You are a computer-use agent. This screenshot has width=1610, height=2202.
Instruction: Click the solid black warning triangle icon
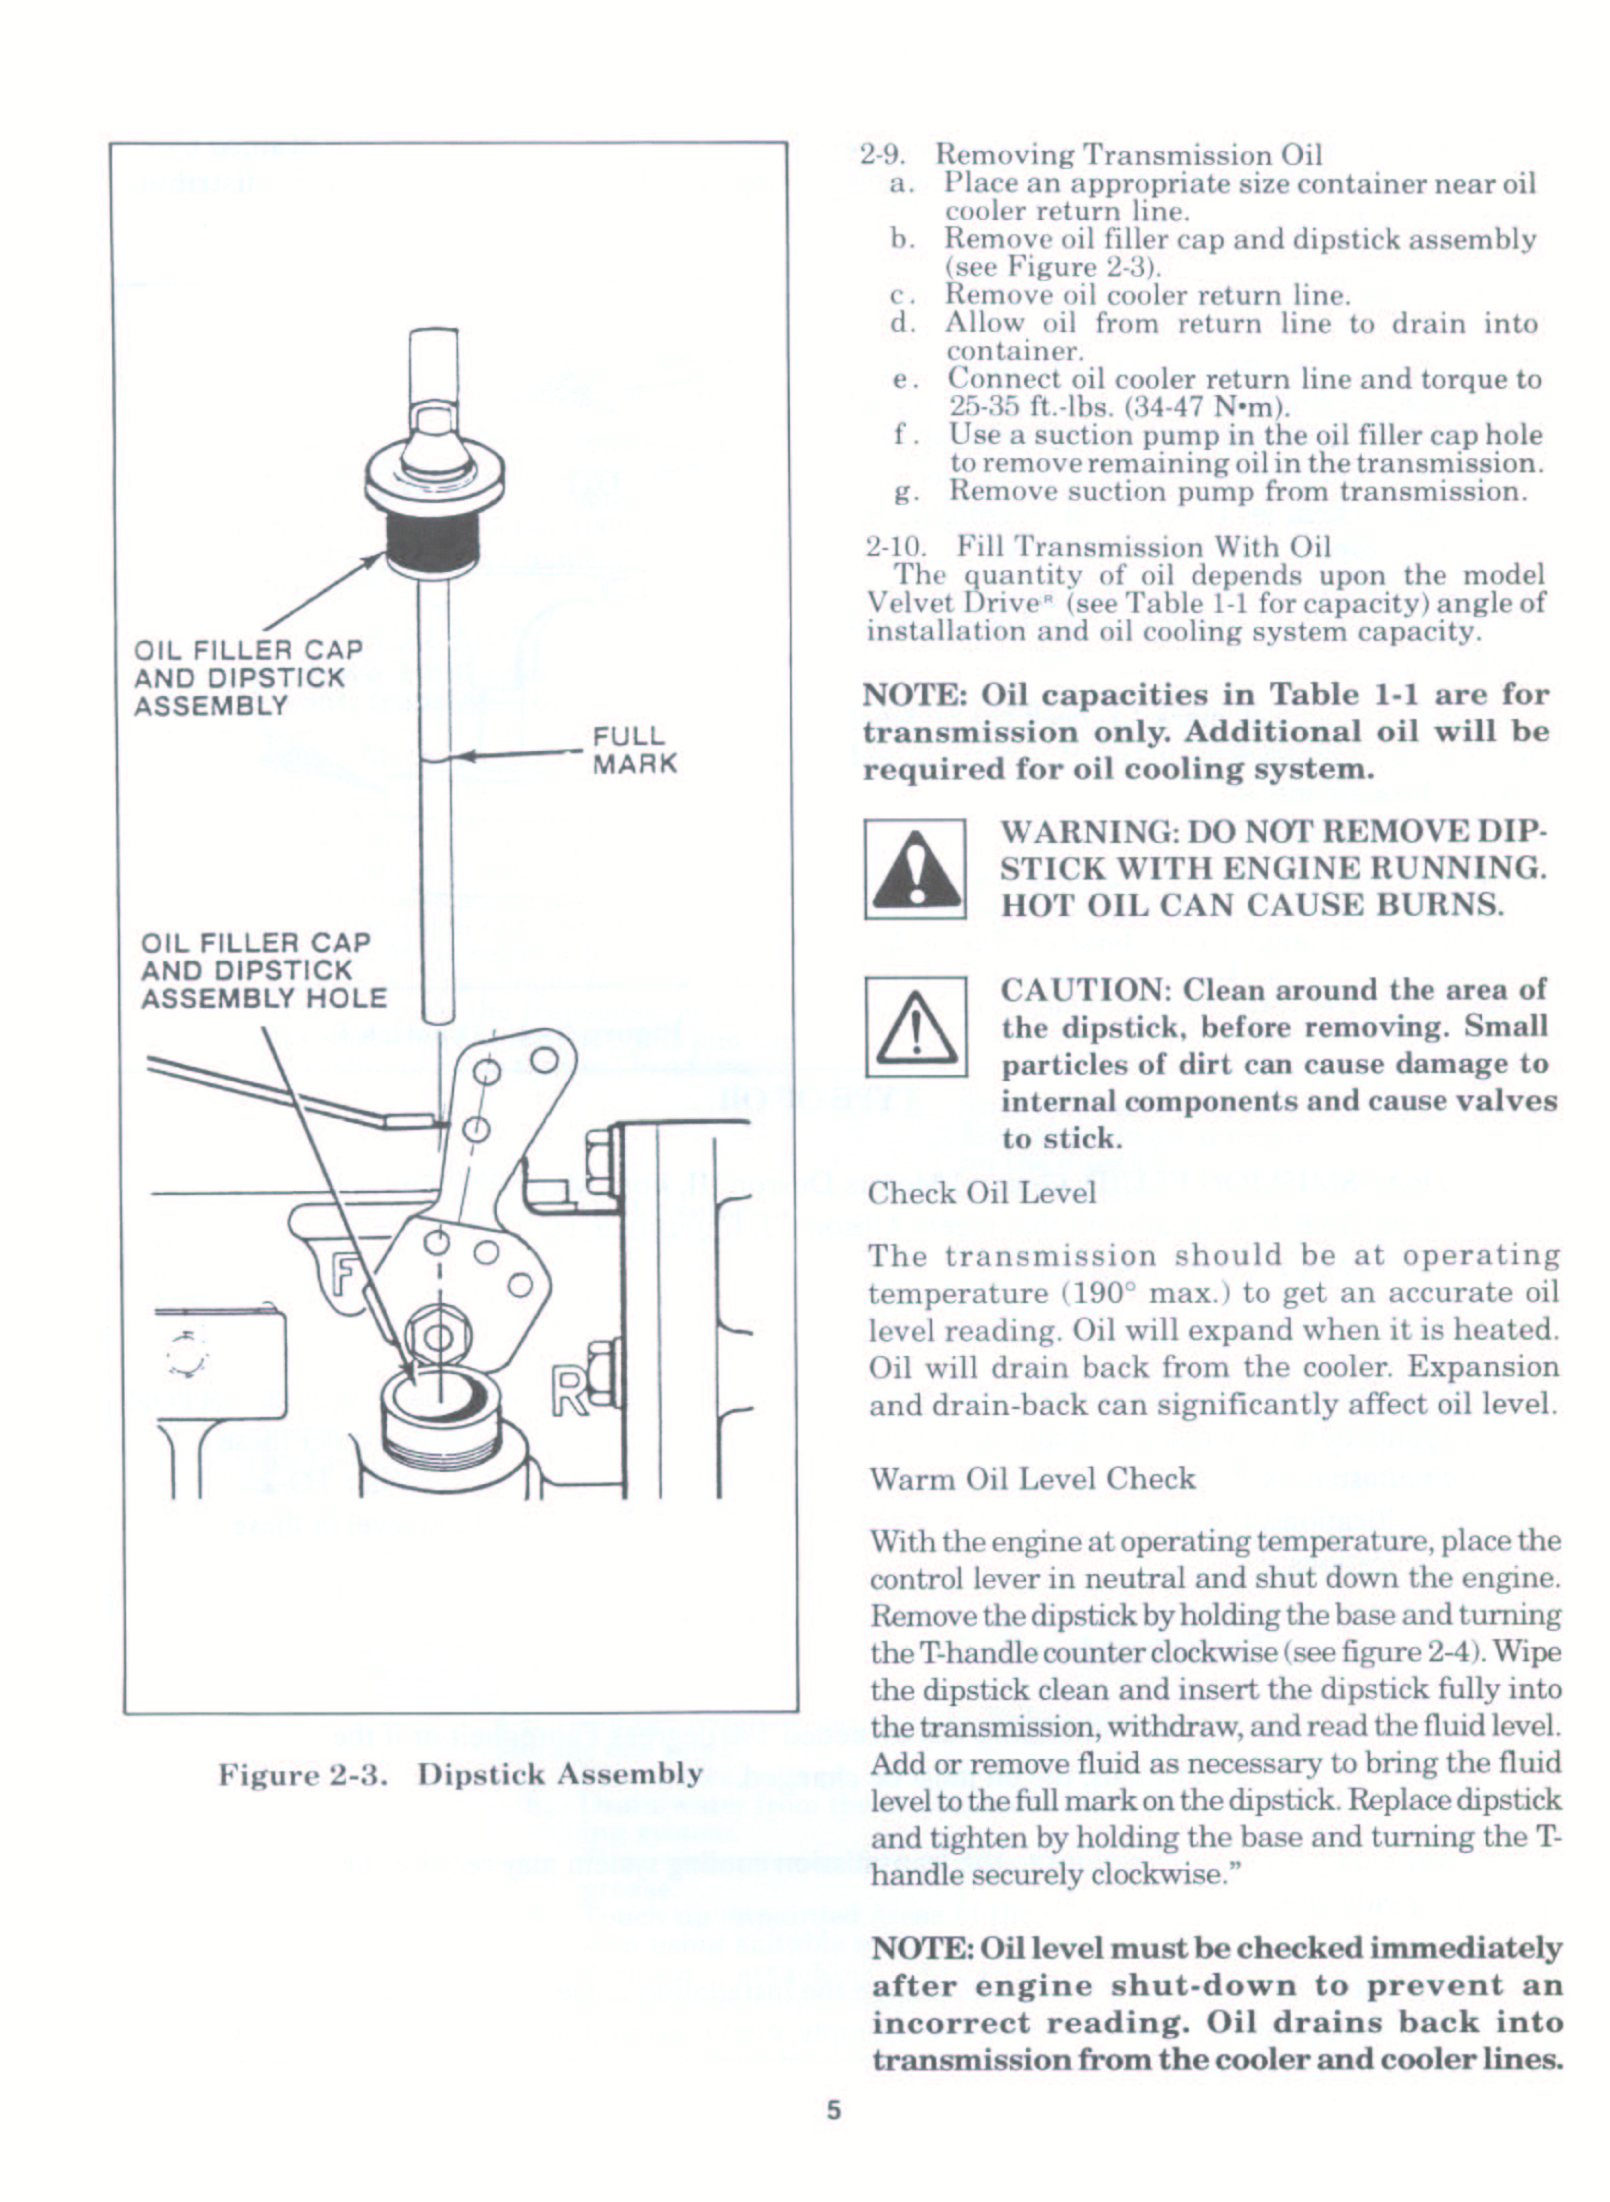pyautogui.click(x=914, y=870)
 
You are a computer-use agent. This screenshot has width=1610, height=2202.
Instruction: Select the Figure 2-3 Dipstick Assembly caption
pyautogui.click(x=460, y=1774)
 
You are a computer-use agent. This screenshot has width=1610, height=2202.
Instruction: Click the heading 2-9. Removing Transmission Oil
pyautogui.click(x=1091, y=155)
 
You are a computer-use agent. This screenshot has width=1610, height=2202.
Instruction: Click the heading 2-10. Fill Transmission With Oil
pyautogui.click(x=1098, y=547)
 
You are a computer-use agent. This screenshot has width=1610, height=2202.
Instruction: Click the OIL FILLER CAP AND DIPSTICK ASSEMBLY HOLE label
pyautogui.click(x=263, y=971)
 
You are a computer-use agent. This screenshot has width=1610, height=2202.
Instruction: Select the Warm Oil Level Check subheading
pyautogui.click(x=1032, y=1478)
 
